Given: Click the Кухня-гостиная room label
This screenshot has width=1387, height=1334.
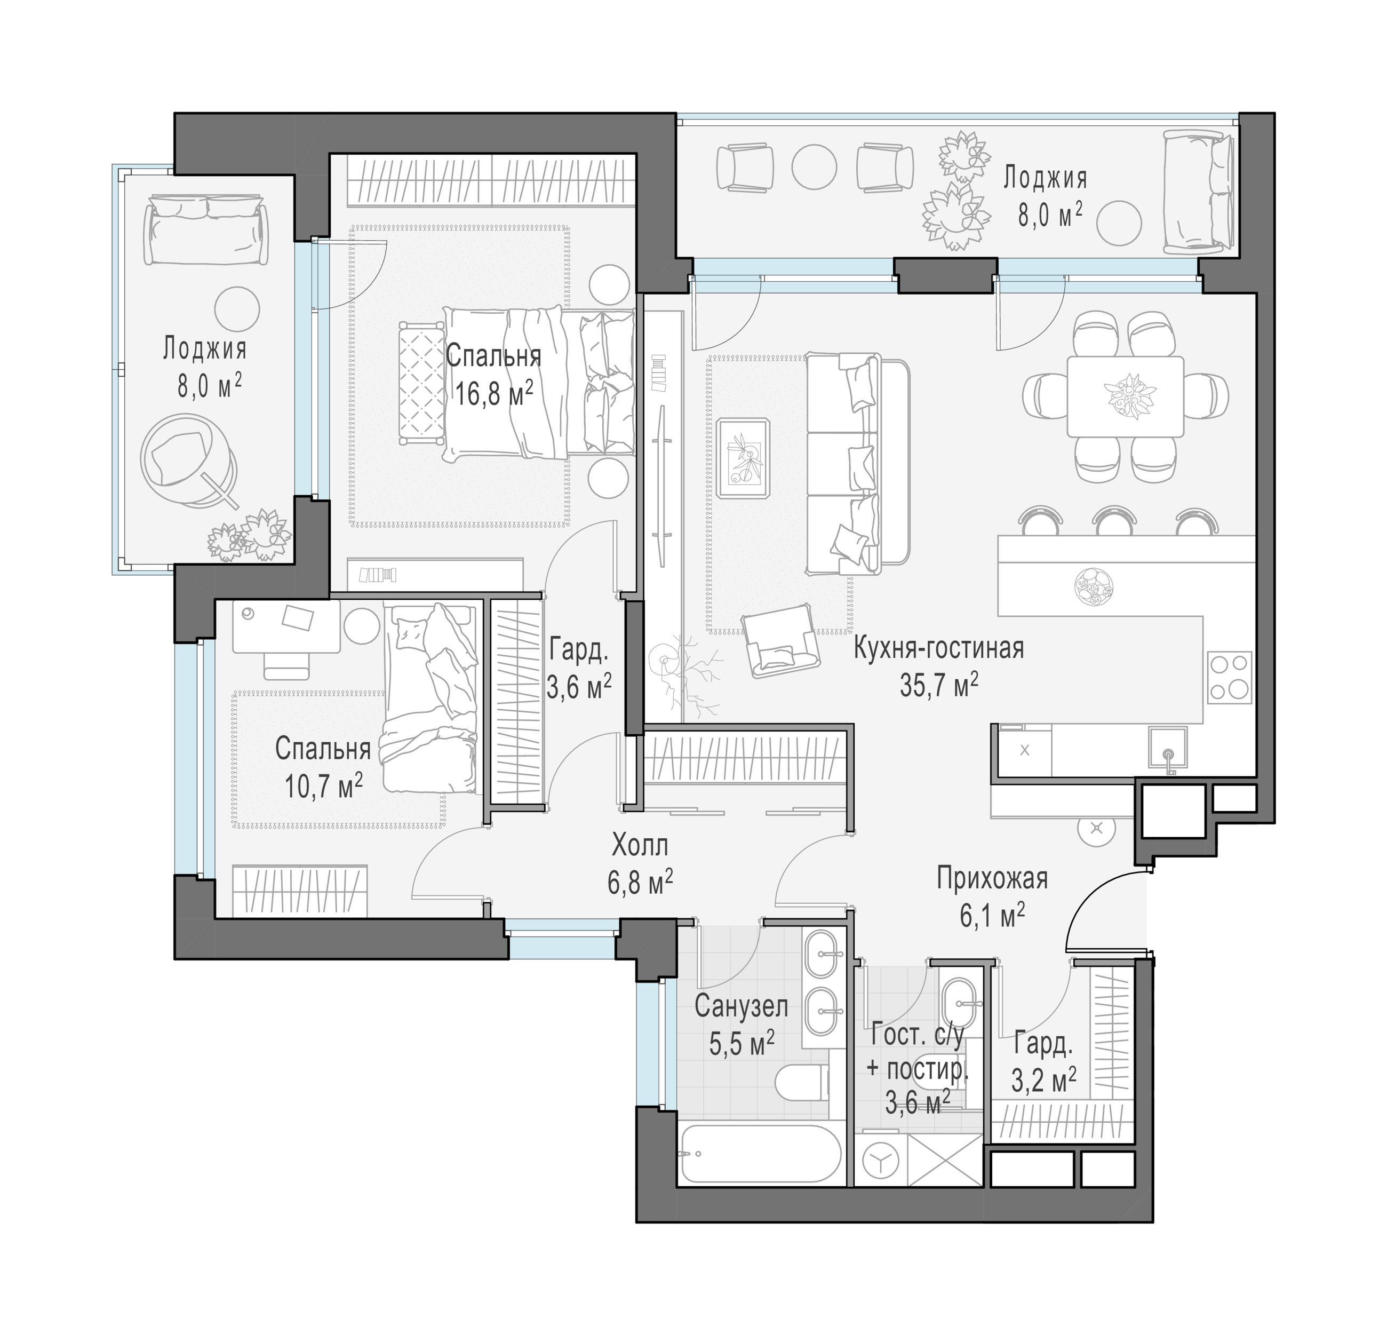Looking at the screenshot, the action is click(x=938, y=648).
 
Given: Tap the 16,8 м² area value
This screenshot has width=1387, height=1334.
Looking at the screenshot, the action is click(x=493, y=393).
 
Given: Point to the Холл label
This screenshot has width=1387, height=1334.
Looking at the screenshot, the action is click(x=639, y=845).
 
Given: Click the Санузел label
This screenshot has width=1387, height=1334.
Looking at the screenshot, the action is click(x=741, y=1006).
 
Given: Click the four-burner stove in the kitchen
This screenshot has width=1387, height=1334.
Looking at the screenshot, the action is click(x=1229, y=677).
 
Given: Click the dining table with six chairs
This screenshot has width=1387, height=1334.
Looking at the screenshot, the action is click(x=1125, y=396).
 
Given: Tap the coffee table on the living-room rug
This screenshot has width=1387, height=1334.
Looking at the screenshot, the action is click(x=743, y=458).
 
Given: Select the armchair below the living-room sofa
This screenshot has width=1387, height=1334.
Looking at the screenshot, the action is click(x=781, y=640).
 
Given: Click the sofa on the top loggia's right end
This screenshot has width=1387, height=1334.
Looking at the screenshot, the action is click(x=1199, y=192).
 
